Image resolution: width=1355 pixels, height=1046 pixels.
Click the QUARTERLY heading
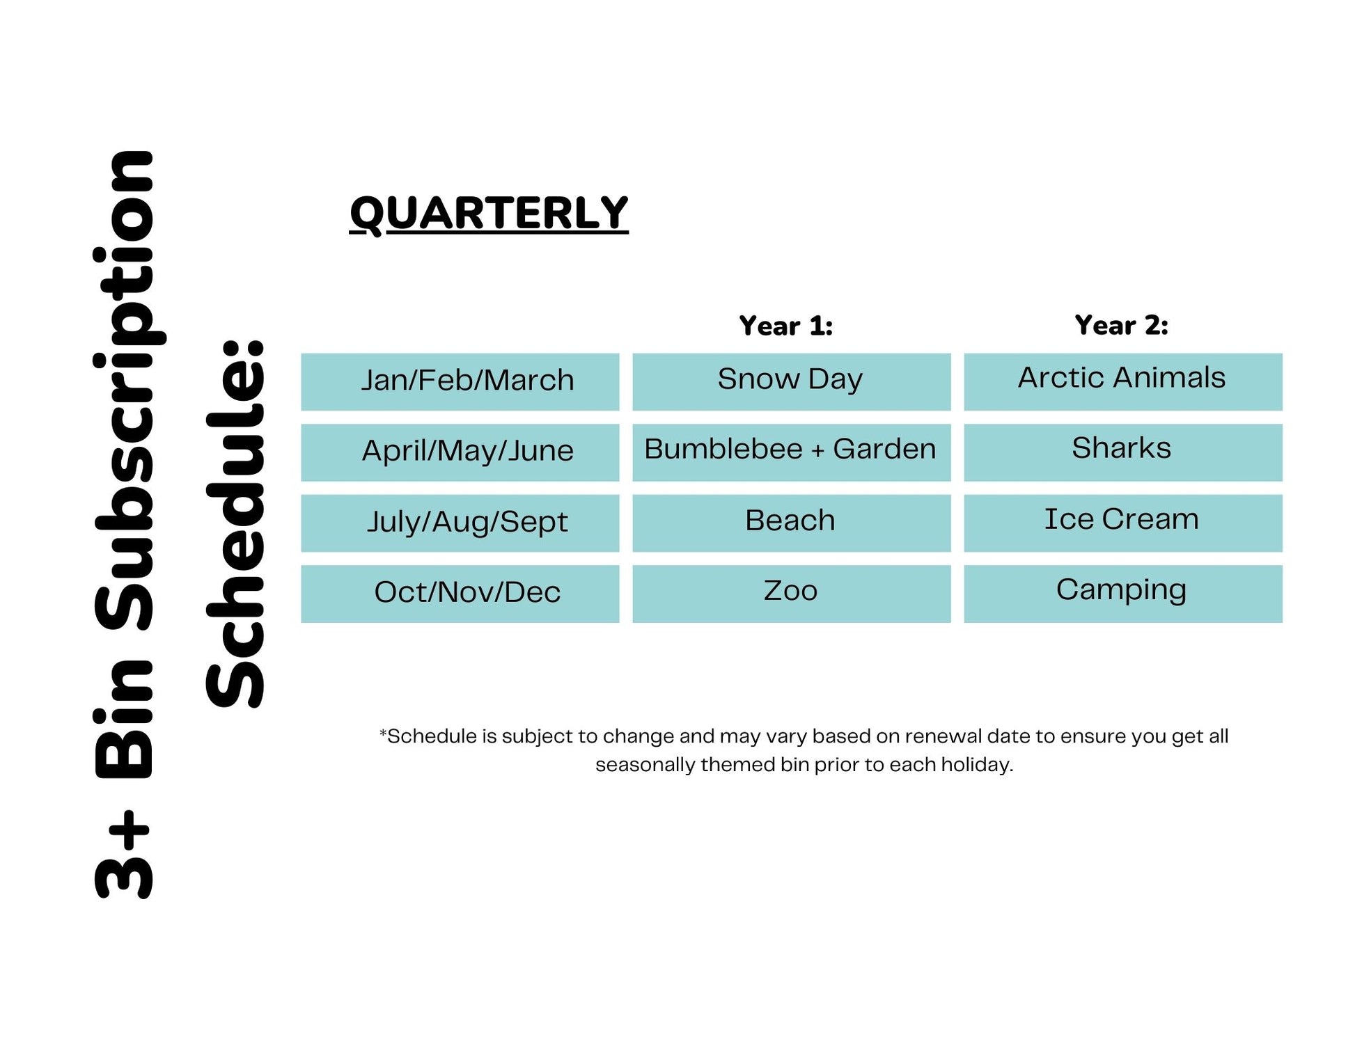[x=489, y=213]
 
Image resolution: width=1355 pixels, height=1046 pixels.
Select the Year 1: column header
[x=785, y=326]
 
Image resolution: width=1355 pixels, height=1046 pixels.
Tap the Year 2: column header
[x=1121, y=325]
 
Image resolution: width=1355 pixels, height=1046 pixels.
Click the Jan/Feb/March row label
[x=460, y=381]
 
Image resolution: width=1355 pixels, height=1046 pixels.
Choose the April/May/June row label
[x=460, y=452]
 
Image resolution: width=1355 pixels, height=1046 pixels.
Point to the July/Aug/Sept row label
[x=460, y=523]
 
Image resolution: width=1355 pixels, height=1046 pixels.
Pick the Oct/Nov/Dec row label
[x=460, y=594]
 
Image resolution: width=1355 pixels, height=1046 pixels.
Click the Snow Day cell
[x=791, y=381]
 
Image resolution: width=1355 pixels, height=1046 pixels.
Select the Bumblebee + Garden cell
[x=791, y=452]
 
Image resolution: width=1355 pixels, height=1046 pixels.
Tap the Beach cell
[x=791, y=523]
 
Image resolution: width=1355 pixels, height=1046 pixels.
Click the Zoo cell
[x=791, y=594]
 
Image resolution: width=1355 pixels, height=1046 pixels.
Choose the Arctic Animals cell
[x=1122, y=381]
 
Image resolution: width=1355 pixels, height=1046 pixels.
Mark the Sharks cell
[x=1122, y=452]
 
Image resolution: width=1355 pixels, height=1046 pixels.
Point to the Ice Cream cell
[x=1122, y=523]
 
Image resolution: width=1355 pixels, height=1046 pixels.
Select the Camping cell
[x=1122, y=594]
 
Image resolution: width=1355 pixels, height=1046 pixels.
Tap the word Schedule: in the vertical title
[x=235, y=524]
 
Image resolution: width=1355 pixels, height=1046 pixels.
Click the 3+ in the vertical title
[x=123, y=853]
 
